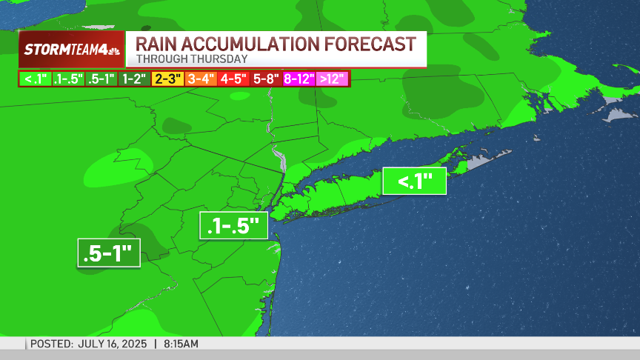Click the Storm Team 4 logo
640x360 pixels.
tap(71, 50)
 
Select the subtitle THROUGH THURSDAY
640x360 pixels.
tap(191, 59)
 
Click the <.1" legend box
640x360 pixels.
tap(36, 79)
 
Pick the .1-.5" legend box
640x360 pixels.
tap(69, 79)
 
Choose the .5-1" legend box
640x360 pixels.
tap(102, 79)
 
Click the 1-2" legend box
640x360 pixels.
tap(135, 79)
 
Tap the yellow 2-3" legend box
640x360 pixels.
tap(167, 79)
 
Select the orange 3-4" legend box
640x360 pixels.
tap(201, 79)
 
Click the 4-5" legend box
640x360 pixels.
tap(233, 79)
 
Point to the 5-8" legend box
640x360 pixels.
tap(266, 79)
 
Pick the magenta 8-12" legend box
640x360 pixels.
tap(299, 79)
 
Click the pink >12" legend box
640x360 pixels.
tap(333, 79)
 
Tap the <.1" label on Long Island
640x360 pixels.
tap(414, 181)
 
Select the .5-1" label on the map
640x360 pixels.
tap(109, 253)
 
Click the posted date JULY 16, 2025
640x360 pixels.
tap(114, 344)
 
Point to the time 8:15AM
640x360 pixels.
tap(181, 344)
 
